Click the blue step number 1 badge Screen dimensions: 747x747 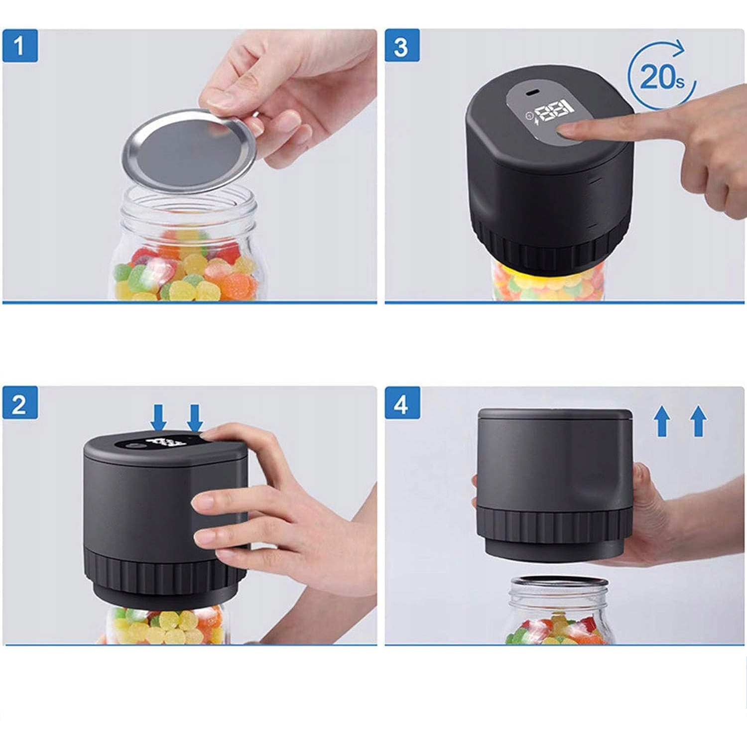tap(20, 46)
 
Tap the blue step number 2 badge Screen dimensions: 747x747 tap(20, 403)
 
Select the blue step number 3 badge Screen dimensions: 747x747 tap(402, 46)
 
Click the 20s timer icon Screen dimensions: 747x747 tap(661, 75)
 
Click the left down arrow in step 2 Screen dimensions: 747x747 tap(159, 417)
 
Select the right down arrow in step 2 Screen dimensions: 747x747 tap(195, 417)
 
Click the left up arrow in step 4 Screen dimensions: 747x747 tap(662, 421)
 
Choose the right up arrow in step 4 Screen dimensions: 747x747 tap(699, 421)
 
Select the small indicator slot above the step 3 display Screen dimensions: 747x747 tap(533, 93)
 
